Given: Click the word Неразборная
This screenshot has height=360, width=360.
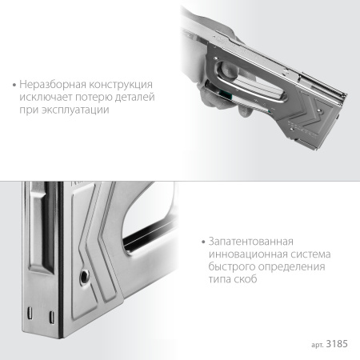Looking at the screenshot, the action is (x=53, y=85).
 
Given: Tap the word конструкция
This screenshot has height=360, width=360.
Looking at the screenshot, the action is (x=121, y=85).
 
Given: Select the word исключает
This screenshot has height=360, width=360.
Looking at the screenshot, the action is (x=46, y=97).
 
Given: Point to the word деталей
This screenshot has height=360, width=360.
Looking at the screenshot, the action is (x=135, y=97).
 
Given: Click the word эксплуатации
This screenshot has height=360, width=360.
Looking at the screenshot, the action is (x=75, y=110).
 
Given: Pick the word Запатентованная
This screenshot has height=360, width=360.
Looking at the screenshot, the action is (x=251, y=242).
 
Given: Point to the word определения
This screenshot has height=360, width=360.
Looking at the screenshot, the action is (x=292, y=267).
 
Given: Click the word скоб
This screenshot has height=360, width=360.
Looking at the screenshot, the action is (x=245, y=279).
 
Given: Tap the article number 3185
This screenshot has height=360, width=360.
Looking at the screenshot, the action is (x=337, y=344).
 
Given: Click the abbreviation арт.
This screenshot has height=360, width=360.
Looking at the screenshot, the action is (x=318, y=345).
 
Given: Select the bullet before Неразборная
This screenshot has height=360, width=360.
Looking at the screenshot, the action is (x=14, y=86).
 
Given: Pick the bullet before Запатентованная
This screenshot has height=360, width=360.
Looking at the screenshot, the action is (x=203, y=242).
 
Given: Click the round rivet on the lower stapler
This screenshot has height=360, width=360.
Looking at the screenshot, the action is (x=85, y=276).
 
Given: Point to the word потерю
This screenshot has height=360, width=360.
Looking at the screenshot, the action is (x=94, y=97).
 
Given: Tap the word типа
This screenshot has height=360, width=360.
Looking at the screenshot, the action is (x=219, y=279).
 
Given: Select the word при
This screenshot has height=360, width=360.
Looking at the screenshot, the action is (x=30, y=110).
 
